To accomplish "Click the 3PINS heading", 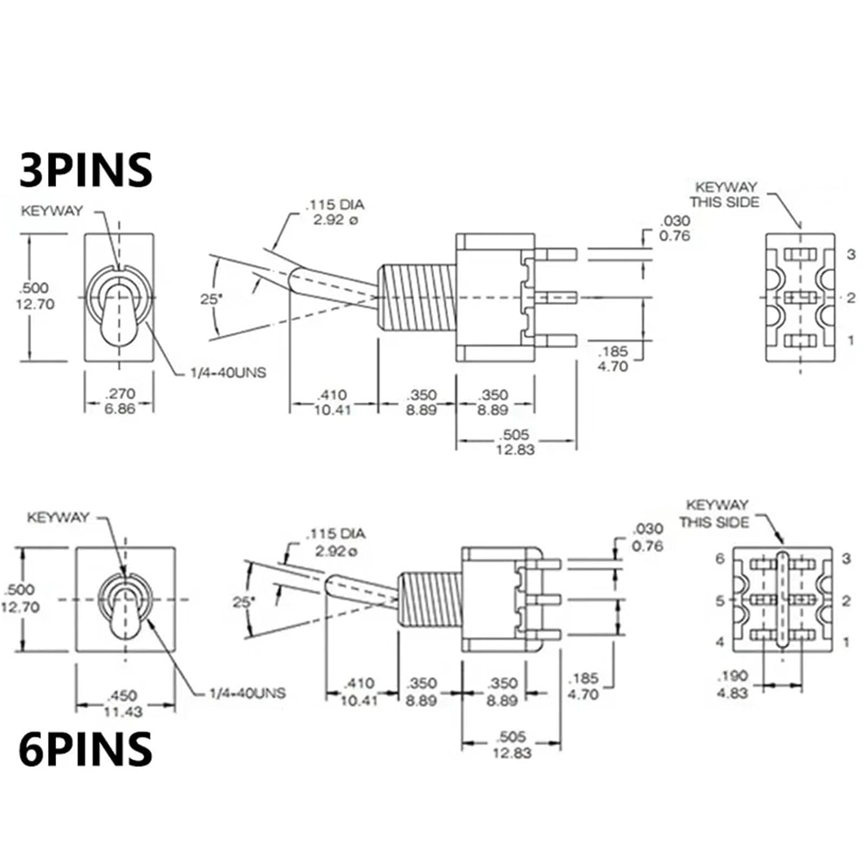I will pyautogui.click(x=86, y=170).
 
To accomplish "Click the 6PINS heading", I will pyautogui.click(x=86, y=749).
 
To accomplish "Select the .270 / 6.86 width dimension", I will pyautogui.click(x=120, y=401).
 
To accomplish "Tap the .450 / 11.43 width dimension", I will pyautogui.click(x=123, y=703).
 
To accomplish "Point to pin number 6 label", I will pyautogui.click(x=720, y=558).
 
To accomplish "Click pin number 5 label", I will pyautogui.click(x=720, y=601).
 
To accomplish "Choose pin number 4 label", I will pyautogui.click(x=720, y=642).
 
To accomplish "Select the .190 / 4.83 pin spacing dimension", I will pyautogui.click(x=733, y=684).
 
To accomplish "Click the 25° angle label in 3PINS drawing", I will pyautogui.click(x=211, y=299).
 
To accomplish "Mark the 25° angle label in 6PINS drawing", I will pyautogui.click(x=244, y=602).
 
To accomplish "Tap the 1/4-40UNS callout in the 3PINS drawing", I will pyautogui.click(x=228, y=373).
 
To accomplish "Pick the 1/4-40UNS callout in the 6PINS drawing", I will pyautogui.click(x=247, y=693).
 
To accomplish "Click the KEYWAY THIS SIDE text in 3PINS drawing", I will pyautogui.click(x=724, y=194).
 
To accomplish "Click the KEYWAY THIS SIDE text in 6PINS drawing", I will pyautogui.click(x=715, y=513).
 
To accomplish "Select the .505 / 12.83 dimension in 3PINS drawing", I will pyautogui.click(x=514, y=442).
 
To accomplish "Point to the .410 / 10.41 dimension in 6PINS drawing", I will pyautogui.click(x=359, y=692).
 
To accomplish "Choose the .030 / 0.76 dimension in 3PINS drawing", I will pyautogui.click(x=675, y=228).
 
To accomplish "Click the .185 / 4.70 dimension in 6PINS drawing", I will pyautogui.click(x=583, y=686).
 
